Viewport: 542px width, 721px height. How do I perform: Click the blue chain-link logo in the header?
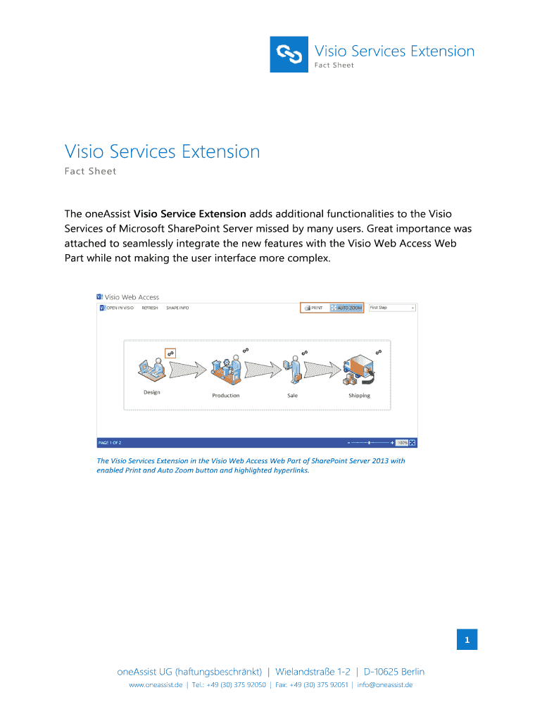pyautogui.click(x=289, y=54)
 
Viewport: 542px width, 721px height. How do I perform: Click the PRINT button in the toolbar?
pyautogui.click(x=315, y=308)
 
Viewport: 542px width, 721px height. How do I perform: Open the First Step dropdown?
pyautogui.click(x=392, y=308)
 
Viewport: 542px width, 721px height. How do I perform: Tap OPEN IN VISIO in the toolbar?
pyautogui.click(x=117, y=308)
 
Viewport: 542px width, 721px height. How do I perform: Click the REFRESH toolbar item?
pyautogui.click(x=150, y=308)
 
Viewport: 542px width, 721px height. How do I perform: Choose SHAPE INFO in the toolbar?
pyautogui.click(x=177, y=308)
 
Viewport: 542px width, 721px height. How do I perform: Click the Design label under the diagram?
pyautogui.click(x=152, y=392)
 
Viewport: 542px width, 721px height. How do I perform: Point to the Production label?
pyautogui.click(x=226, y=396)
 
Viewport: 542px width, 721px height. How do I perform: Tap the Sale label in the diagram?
pyautogui.click(x=292, y=396)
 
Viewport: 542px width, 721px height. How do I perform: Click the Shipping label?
pyautogui.click(x=359, y=396)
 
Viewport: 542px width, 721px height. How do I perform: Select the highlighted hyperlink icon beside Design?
pyautogui.click(x=170, y=353)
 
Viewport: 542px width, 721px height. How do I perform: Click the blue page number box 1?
pyautogui.click(x=466, y=640)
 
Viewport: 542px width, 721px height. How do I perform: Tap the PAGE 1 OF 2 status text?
pyautogui.click(x=110, y=443)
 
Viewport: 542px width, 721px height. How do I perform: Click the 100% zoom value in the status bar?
pyautogui.click(x=401, y=443)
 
